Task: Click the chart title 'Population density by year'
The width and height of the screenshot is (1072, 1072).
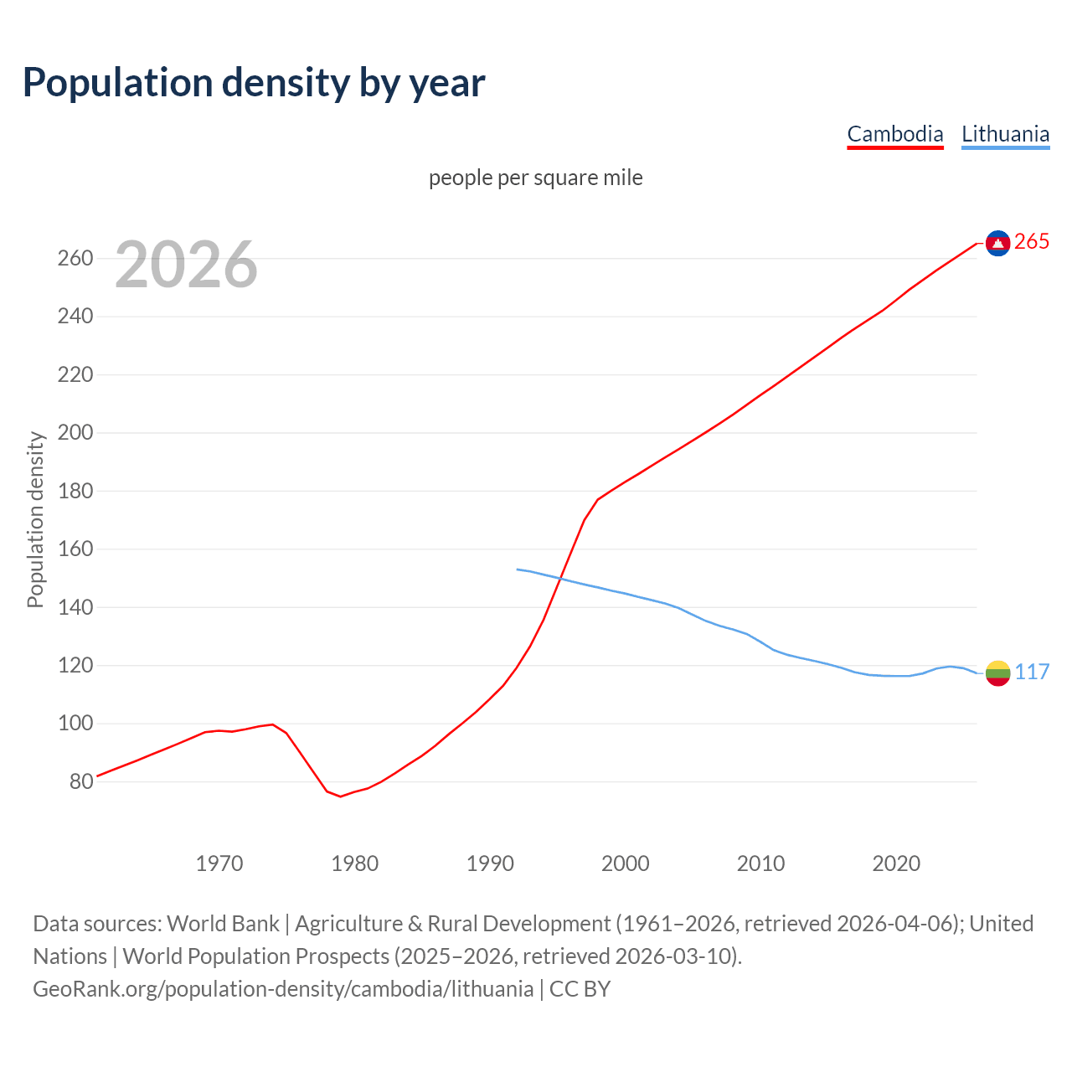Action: coord(254,82)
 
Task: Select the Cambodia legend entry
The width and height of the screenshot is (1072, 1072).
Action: coord(894,134)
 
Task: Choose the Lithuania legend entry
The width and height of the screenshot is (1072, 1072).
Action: coord(1005,134)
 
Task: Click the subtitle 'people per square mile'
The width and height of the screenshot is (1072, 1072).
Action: coord(535,178)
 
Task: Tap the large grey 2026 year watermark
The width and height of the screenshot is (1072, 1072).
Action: coord(186,265)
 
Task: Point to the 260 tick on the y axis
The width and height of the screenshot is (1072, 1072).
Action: coord(75,258)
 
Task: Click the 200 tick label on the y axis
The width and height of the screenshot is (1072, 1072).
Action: coord(75,433)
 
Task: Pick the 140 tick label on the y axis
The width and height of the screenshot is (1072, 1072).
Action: coord(75,607)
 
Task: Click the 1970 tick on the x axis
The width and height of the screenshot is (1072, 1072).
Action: coord(219,863)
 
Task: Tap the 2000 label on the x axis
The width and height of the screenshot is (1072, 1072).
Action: coord(626,863)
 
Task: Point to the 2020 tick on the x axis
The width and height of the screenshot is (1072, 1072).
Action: coord(896,863)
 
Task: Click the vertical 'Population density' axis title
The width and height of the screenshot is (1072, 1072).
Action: coord(35,519)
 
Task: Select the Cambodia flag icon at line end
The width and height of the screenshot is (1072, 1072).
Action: coord(997,243)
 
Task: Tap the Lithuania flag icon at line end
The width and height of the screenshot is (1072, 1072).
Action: coord(997,673)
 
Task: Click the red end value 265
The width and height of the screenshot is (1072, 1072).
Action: coord(1032,242)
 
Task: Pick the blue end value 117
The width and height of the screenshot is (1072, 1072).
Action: coord(1032,672)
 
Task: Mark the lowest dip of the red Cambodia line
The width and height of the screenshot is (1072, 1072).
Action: coord(340,796)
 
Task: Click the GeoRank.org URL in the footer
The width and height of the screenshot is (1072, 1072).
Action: coord(282,988)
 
